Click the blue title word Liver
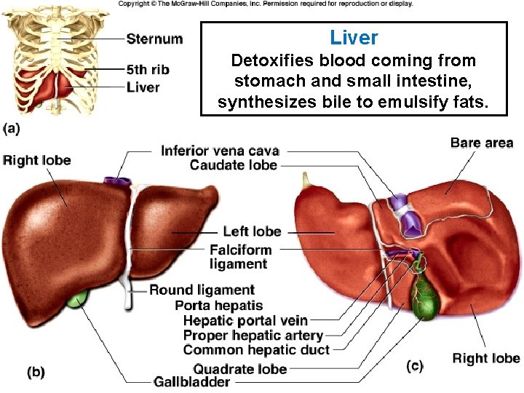click(x=354, y=38)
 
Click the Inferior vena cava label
click(x=220, y=151)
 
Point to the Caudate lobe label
click(x=233, y=166)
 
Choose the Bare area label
click(x=482, y=143)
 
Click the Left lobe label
click(x=252, y=231)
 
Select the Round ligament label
click(x=202, y=290)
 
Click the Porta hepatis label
click(x=218, y=306)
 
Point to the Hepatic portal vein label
click(x=245, y=320)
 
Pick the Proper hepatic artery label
click(x=253, y=336)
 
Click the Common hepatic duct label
click(x=256, y=350)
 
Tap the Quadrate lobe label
click(x=239, y=369)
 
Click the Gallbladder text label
click(x=192, y=382)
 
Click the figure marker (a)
click(x=11, y=129)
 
